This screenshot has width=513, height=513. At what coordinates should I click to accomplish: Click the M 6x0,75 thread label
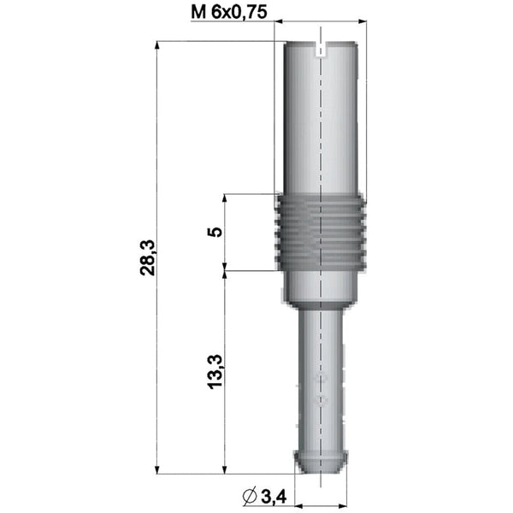[x=229, y=13]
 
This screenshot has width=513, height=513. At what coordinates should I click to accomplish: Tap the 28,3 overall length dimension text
[x=148, y=258]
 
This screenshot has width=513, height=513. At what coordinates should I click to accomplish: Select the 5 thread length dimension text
[x=215, y=232]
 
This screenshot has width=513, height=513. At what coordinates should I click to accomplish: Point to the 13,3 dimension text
[x=215, y=372]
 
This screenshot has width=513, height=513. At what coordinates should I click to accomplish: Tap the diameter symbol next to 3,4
[x=250, y=497]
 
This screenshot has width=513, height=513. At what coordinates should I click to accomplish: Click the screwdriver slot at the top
[x=321, y=49]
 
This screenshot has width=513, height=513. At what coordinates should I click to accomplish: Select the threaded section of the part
[x=321, y=233]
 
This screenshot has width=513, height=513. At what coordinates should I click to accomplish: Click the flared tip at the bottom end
[x=321, y=462]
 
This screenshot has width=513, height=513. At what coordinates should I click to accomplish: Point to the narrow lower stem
[x=321, y=380]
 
